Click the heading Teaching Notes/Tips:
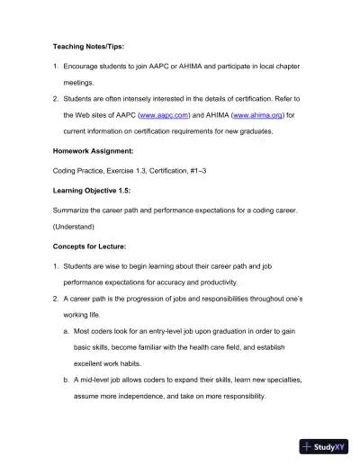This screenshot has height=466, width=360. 89,46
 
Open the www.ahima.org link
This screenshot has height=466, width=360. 255,116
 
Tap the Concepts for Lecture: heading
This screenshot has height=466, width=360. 94,246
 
